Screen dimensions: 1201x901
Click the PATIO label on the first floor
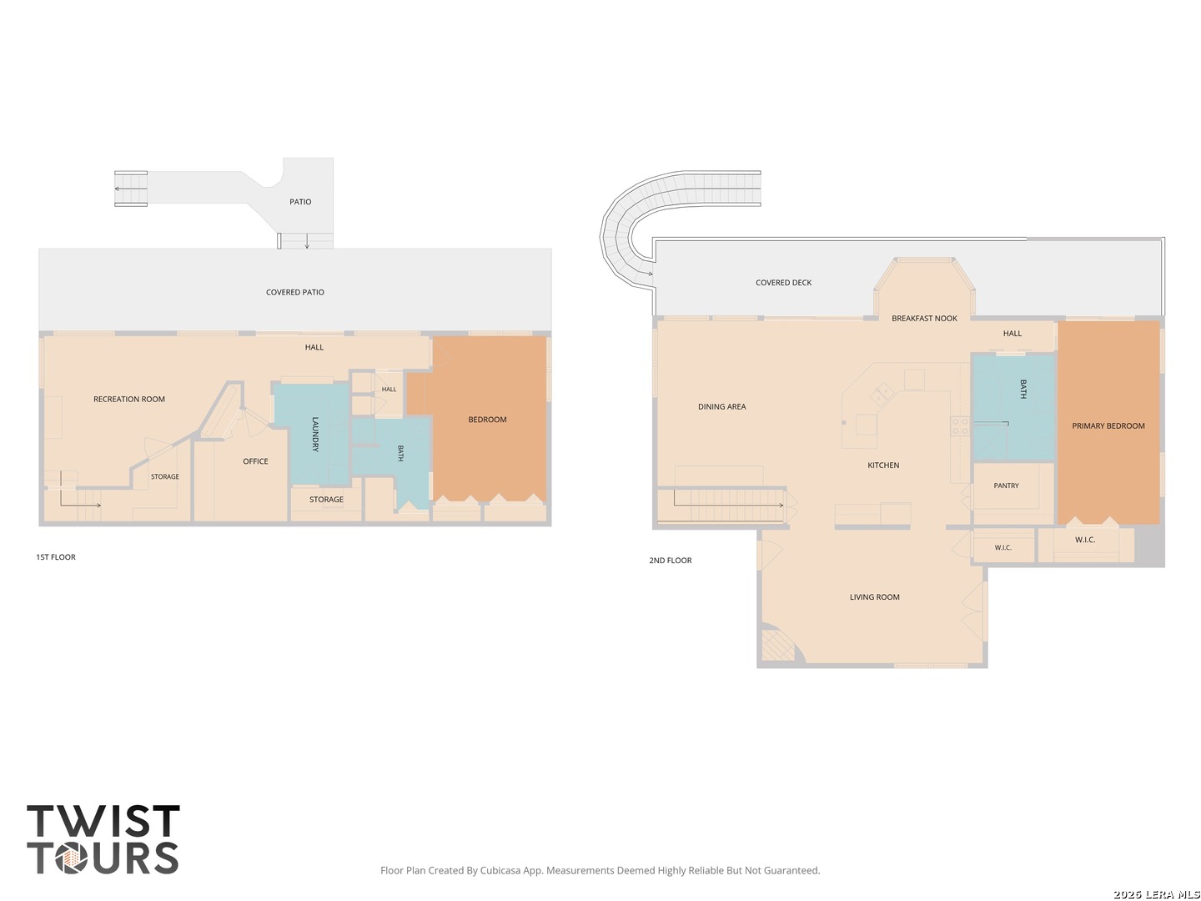click(300, 202)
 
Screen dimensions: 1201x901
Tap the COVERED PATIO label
click(295, 292)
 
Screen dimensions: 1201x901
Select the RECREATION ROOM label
click(129, 399)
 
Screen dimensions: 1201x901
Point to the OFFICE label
click(255, 461)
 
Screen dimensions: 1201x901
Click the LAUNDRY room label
click(315, 434)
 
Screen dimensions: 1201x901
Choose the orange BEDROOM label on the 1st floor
click(487, 420)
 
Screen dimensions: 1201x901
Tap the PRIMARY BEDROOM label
click(1108, 425)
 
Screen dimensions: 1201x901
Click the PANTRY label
click(1006, 486)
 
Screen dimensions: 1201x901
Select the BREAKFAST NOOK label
click(924, 319)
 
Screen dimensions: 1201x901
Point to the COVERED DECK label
click(783, 282)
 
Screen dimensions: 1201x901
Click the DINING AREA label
click(721, 406)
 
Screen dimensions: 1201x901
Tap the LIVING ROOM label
click(874, 596)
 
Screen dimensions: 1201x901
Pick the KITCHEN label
click(883, 465)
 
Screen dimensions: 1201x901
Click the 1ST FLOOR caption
click(56, 557)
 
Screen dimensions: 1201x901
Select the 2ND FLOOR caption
click(671, 560)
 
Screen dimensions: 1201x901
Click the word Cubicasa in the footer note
click(500, 870)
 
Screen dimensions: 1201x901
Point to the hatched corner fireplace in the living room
click(777, 645)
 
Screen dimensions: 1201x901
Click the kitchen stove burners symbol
click(960, 425)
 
